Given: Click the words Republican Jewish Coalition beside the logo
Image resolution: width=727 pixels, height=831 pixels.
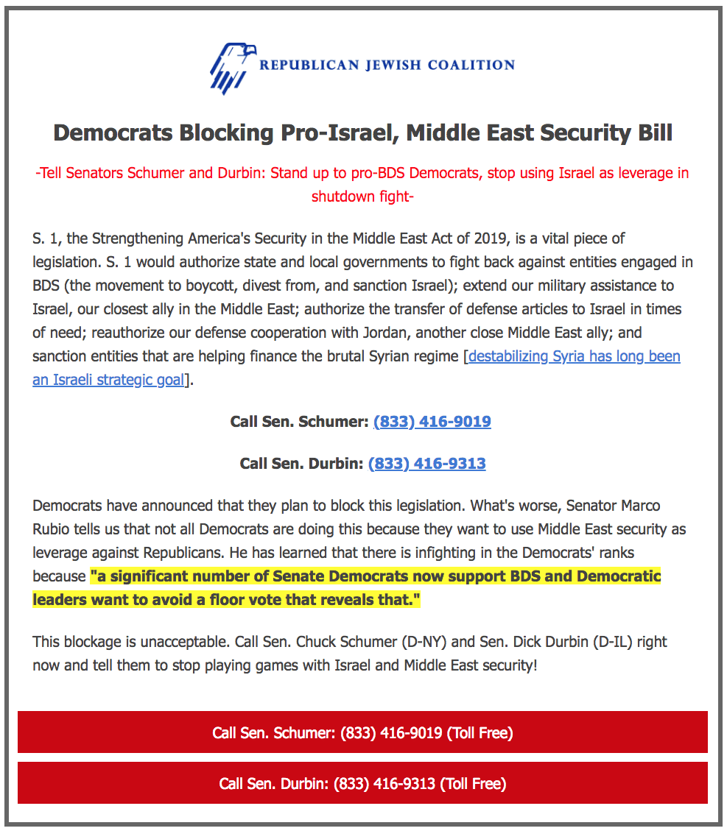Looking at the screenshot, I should point(387,65).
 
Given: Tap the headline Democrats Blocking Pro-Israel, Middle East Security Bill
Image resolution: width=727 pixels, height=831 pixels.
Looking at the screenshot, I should point(363,133).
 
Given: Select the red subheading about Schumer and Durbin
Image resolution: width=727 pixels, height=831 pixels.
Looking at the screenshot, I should point(362,185).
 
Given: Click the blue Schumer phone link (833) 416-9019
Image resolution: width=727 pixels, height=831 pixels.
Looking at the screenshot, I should point(432,422).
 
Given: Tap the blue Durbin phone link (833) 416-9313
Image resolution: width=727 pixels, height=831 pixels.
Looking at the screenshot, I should point(426,464).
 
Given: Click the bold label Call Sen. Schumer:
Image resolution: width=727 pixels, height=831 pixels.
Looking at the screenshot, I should point(299,422).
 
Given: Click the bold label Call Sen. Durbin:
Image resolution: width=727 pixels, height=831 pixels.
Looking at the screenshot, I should point(301,464).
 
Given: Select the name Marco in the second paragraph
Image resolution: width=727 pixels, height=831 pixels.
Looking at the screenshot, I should point(636,506).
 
